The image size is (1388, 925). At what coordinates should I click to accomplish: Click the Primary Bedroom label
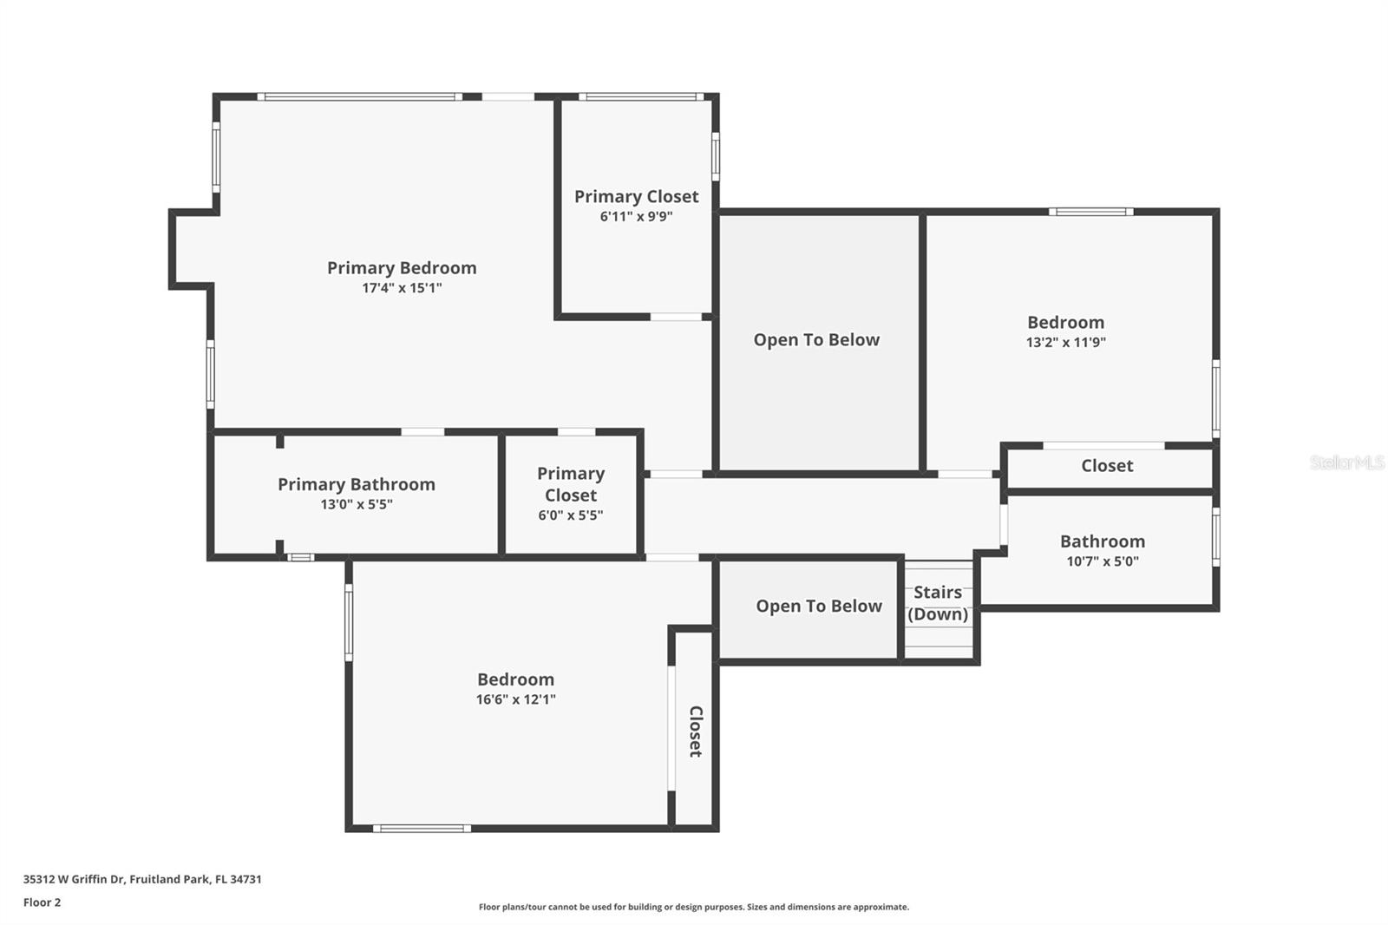pyautogui.click(x=402, y=268)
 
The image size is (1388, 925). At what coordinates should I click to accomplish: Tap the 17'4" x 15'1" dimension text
pyautogui.click(x=402, y=288)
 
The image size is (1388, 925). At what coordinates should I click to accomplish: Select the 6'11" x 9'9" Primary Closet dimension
pyautogui.click(x=636, y=217)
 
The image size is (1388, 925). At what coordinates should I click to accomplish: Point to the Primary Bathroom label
pyautogui.click(x=357, y=484)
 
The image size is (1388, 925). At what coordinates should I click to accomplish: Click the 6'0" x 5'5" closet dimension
pyautogui.click(x=570, y=515)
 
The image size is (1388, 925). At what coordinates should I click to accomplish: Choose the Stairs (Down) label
pyautogui.click(x=938, y=603)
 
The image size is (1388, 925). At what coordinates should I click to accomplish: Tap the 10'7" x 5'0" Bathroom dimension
pyautogui.click(x=1102, y=561)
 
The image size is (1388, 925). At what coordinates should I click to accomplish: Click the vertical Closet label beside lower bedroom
pyautogui.click(x=695, y=731)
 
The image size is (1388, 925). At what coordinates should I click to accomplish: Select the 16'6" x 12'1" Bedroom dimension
pyautogui.click(x=515, y=699)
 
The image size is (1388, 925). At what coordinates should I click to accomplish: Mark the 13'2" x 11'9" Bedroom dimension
pyautogui.click(x=1065, y=343)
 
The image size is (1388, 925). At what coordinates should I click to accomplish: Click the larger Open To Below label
pyautogui.click(x=816, y=340)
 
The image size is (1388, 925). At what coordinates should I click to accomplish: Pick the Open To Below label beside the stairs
pyautogui.click(x=818, y=607)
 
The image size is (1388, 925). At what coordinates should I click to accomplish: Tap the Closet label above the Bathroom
pyautogui.click(x=1107, y=466)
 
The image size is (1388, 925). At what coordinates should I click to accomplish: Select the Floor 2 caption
pyautogui.click(x=42, y=902)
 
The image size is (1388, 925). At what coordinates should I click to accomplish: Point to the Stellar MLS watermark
pyautogui.click(x=1346, y=463)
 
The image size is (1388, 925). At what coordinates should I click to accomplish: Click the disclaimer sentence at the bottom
pyautogui.click(x=694, y=908)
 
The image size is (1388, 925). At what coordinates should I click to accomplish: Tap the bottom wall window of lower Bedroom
pyautogui.click(x=422, y=829)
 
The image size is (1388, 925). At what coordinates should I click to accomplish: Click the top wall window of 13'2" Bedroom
pyautogui.click(x=1090, y=212)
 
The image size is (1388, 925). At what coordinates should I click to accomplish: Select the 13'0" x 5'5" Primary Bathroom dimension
pyautogui.click(x=357, y=505)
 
